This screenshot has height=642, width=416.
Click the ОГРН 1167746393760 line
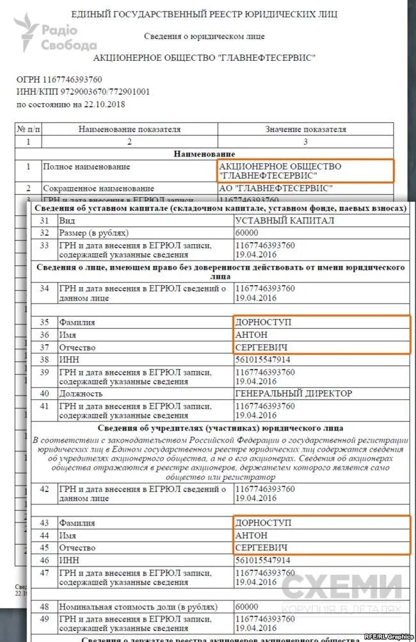click(x=59, y=79)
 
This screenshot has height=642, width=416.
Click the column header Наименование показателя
click(x=129, y=129)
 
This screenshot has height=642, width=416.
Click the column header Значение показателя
click(x=305, y=129)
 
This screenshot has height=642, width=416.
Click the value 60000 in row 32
click(x=247, y=233)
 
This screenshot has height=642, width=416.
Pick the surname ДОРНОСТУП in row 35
click(x=263, y=322)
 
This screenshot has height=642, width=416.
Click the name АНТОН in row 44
click(x=252, y=535)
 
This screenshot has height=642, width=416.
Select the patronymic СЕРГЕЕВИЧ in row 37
click(x=260, y=347)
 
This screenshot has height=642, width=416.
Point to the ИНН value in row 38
click(x=262, y=359)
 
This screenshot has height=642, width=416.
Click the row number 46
click(x=44, y=560)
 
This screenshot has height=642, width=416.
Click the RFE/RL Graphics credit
click(x=388, y=636)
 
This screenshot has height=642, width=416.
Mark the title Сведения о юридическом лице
click(x=204, y=37)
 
